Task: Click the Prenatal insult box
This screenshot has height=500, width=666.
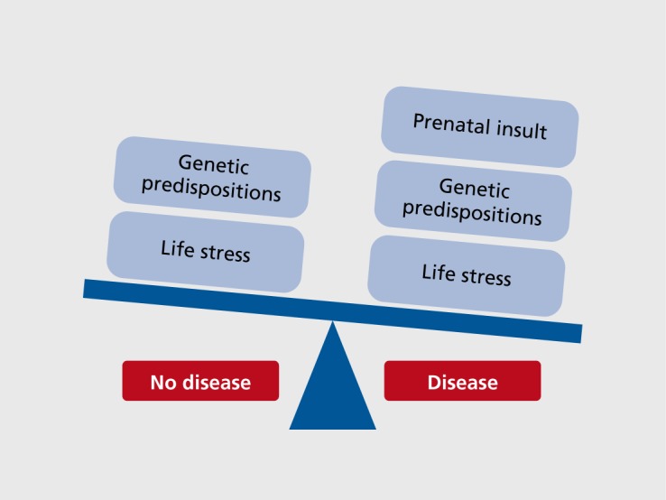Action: [x=479, y=126]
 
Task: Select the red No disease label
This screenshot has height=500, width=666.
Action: [x=200, y=382]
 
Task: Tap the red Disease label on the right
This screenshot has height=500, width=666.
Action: [x=462, y=382]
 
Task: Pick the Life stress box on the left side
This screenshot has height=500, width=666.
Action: [x=205, y=250]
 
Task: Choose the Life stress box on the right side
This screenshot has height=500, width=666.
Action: [x=467, y=273]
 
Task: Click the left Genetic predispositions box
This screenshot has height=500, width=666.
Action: [x=212, y=177]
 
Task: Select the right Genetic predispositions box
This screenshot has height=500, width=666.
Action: [x=473, y=201]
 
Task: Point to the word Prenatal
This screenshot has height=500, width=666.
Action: [x=445, y=123]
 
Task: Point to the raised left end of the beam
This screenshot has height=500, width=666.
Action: [x=89, y=288]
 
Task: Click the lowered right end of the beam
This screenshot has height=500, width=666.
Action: [x=575, y=332]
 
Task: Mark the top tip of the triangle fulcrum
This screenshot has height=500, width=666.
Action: [x=333, y=323]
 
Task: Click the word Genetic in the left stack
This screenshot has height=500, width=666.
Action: [x=214, y=164]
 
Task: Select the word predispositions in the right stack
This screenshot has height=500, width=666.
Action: [x=472, y=214]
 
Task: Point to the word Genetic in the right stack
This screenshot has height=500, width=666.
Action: [x=475, y=189]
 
